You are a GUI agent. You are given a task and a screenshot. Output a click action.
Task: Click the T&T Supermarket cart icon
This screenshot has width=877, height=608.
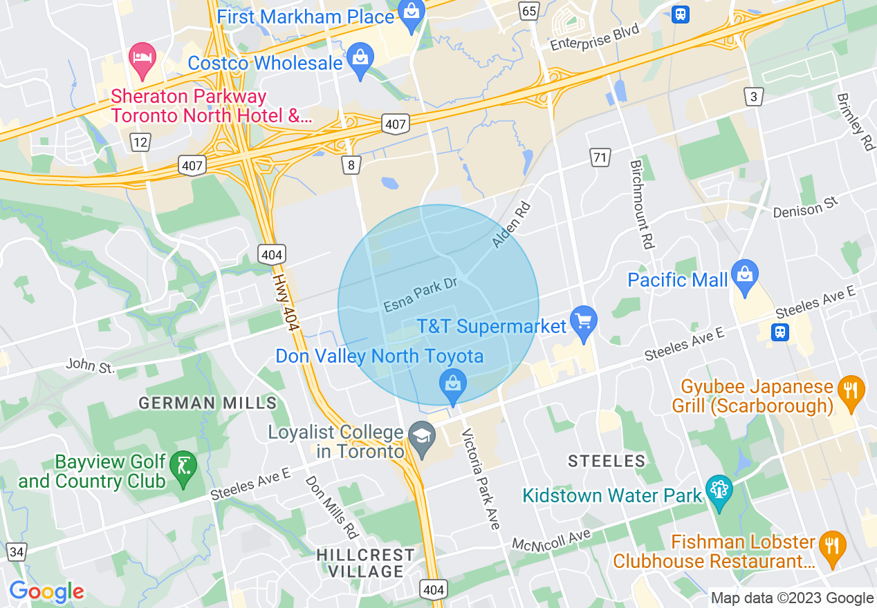(584, 323)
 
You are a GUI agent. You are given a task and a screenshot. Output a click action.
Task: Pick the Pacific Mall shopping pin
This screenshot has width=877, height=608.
(744, 277)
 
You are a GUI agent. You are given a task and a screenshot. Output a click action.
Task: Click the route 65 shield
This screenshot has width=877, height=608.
(530, 10)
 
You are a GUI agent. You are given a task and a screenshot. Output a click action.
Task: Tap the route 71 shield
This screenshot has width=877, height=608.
(600, 157)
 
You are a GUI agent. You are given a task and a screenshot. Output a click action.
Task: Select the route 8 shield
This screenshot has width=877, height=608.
(351, 164)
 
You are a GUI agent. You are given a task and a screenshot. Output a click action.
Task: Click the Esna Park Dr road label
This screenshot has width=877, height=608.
(421, 295)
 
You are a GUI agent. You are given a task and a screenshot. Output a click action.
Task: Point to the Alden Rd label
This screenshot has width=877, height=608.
(510, 225)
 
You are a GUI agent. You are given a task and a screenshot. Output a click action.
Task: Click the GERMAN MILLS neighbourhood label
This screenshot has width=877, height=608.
(207, 403)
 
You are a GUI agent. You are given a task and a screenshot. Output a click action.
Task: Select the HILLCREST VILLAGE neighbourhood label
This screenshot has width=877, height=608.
(366, 563)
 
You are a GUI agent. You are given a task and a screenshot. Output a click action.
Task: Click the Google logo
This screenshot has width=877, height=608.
(46, 591)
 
